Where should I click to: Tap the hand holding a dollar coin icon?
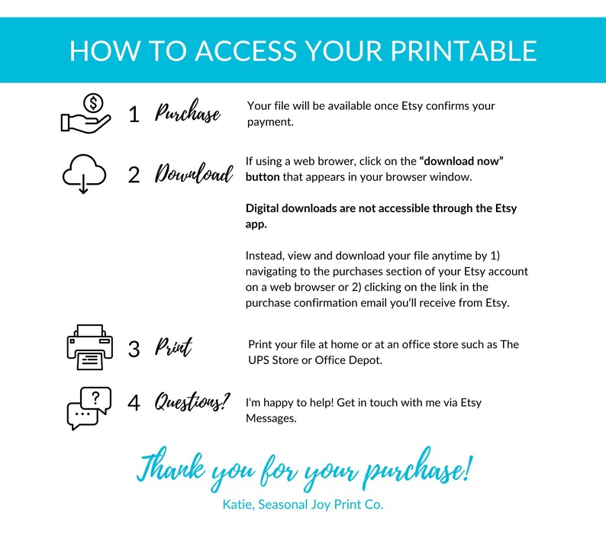coord(85,114)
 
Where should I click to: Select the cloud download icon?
coord(84,174)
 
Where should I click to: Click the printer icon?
coord(90,347)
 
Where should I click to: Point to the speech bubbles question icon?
coord(89,408)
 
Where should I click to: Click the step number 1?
coord(134,114)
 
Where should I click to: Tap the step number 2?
coord(134,175)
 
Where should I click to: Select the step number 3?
coord(134,349)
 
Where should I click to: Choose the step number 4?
coord(134,403)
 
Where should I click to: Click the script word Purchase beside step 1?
coord(188,112)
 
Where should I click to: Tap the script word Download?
coord(194,173)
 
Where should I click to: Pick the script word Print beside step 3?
coord(173,346)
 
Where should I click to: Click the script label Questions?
coord(192,402)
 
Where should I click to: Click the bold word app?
coord(256,224)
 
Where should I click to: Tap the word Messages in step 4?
coord(271,418)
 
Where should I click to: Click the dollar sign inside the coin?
coord(93,103)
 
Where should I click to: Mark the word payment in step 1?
coord(270,122)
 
